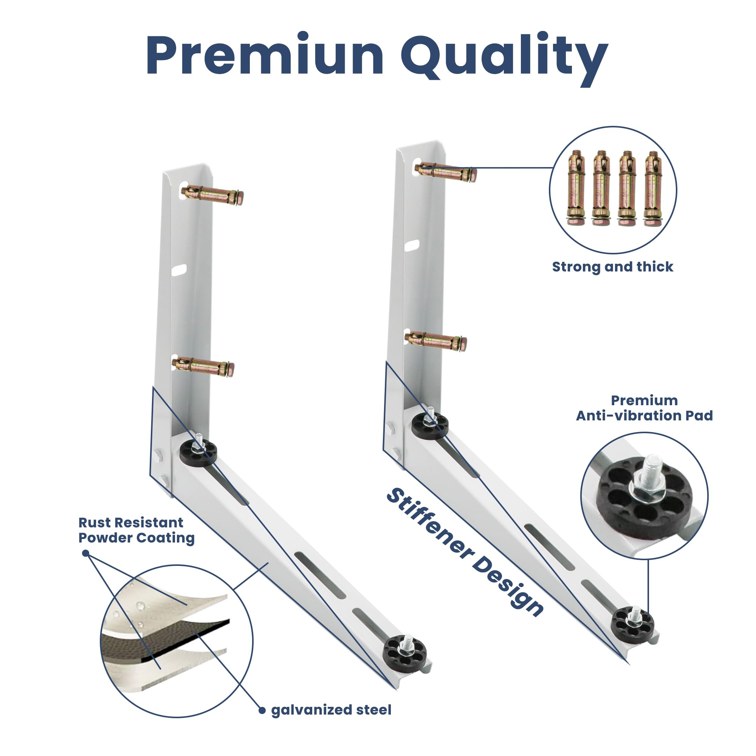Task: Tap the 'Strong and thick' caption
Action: tap(612, 266)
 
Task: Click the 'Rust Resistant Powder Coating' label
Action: tap(136, 530)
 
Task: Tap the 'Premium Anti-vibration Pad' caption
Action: tap(644, 408)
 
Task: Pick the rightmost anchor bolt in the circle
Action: tap(653, 188)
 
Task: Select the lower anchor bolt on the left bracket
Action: tap(203, 366)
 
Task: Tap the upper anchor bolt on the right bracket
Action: tap(446, 172)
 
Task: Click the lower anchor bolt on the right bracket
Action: tap(435, 341)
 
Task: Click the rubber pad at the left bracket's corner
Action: tap(198, 452)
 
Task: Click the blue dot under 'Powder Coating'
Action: tap(86, 553)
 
